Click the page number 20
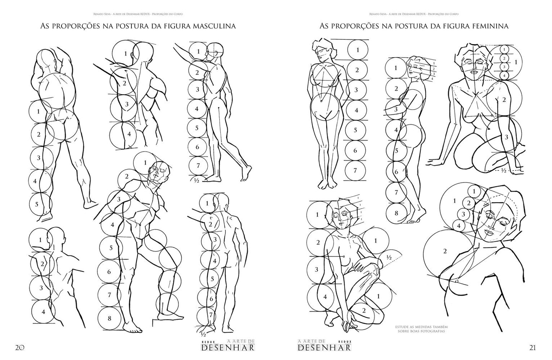coord(19,348)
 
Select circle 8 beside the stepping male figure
coord(109,318)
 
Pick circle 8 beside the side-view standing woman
coord(396,213)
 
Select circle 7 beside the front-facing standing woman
coord(355,171)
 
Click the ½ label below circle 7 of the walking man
coord(197,180)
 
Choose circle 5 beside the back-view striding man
coord(37,204)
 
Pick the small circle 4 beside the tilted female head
coord(460,225)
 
